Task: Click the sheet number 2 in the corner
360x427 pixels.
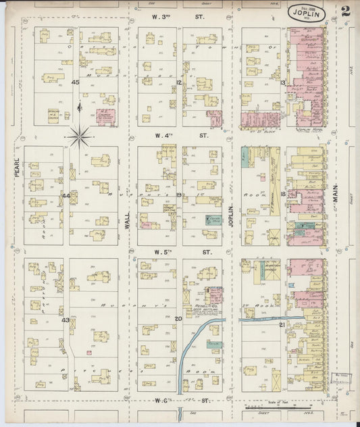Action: [x=345, y=11]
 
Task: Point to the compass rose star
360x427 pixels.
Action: [x=80, y=137]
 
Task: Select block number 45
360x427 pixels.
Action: [x=76, y=82]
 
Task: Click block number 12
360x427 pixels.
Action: [x=179, y=82]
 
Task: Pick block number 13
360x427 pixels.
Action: [x=284, y=82]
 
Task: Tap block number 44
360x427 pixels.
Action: [x=66, y=196]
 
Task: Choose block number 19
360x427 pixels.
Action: [x=179, y=195]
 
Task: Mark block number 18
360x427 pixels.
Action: [x=284, y=194]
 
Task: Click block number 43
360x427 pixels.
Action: [x=66, y=320]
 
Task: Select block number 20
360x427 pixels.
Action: [x=179, y=318]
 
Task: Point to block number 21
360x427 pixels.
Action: [x=282, y=325]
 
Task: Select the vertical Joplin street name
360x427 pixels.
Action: [x=231, y=215]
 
